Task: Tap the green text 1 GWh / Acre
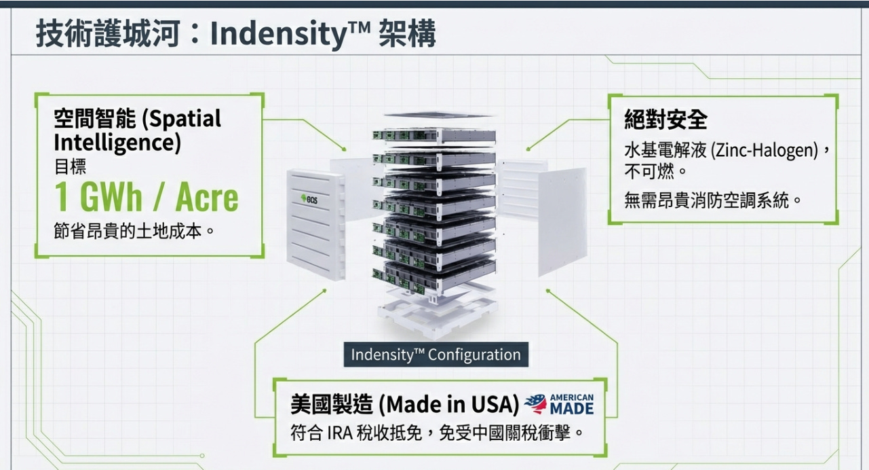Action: point(147,197)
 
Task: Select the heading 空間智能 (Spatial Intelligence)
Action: point(138,130)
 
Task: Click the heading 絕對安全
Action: point(665,120)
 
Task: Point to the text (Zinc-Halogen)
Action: point(764,150)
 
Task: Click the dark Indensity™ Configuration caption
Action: point(436,355)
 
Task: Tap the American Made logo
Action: point(560,404)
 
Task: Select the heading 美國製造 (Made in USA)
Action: point(405,405)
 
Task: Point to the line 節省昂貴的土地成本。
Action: point(134,231)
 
